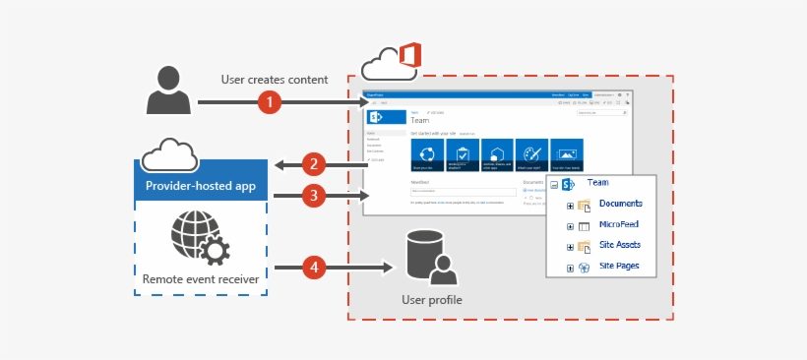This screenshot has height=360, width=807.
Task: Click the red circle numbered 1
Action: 270,101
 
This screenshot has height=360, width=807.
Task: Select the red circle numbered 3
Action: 313,196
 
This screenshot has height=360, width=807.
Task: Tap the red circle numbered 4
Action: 313,267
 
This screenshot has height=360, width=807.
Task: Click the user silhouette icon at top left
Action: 168,90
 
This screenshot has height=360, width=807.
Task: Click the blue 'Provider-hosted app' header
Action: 201,185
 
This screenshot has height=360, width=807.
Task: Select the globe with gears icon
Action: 201,235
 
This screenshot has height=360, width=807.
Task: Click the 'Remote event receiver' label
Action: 201,279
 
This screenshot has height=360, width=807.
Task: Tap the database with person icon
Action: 430,257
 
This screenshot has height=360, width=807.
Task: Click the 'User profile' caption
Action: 431,299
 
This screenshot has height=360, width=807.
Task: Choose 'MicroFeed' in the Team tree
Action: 618,224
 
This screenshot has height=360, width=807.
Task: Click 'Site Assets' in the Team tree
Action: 620,246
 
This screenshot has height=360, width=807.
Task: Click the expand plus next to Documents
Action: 571,205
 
